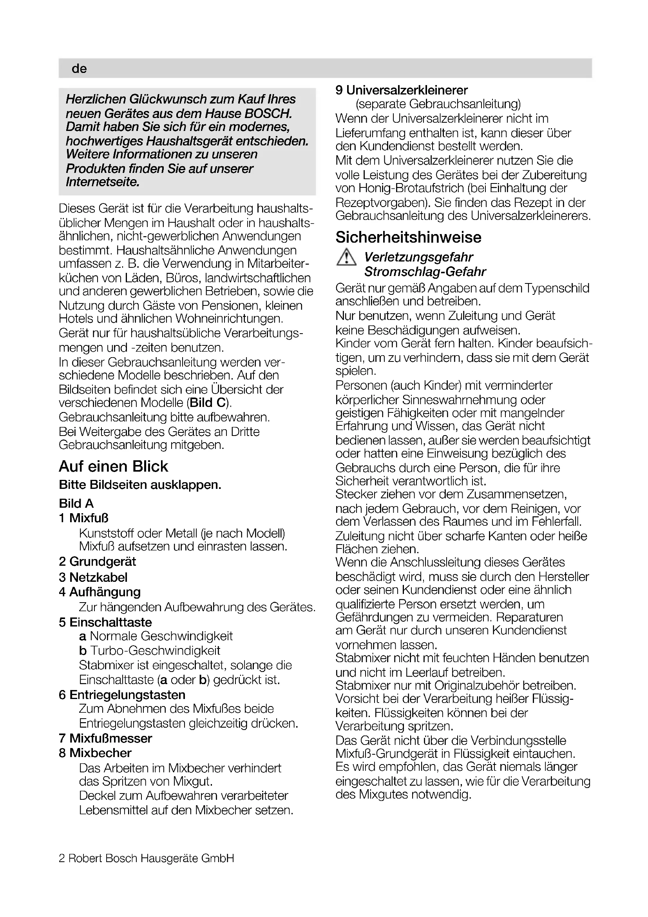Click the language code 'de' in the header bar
(x=79, y=69)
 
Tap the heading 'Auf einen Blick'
(x=113, y=466)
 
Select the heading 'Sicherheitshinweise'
(x=408, y=237)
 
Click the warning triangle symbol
(x=346, y=258)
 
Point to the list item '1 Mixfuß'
(x=83, y=518)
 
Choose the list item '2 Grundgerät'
(x=98, y=561)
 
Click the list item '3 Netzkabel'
(x=93, y=577)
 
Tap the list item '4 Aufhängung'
(x=100, y=592)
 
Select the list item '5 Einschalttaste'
(x=105, y=622)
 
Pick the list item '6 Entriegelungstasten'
(x=122, y=695)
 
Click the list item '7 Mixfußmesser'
(x=105, y=738)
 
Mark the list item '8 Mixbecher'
(x=95, y=753)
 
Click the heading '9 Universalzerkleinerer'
(x=402, y=90)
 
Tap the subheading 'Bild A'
(x=76, y=503)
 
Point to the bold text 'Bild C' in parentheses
(x=208, y=403)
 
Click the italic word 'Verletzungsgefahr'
(x=418, y=257)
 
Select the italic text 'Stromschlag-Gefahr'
(x=425, y=272)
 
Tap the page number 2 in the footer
(x=62, y=858)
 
